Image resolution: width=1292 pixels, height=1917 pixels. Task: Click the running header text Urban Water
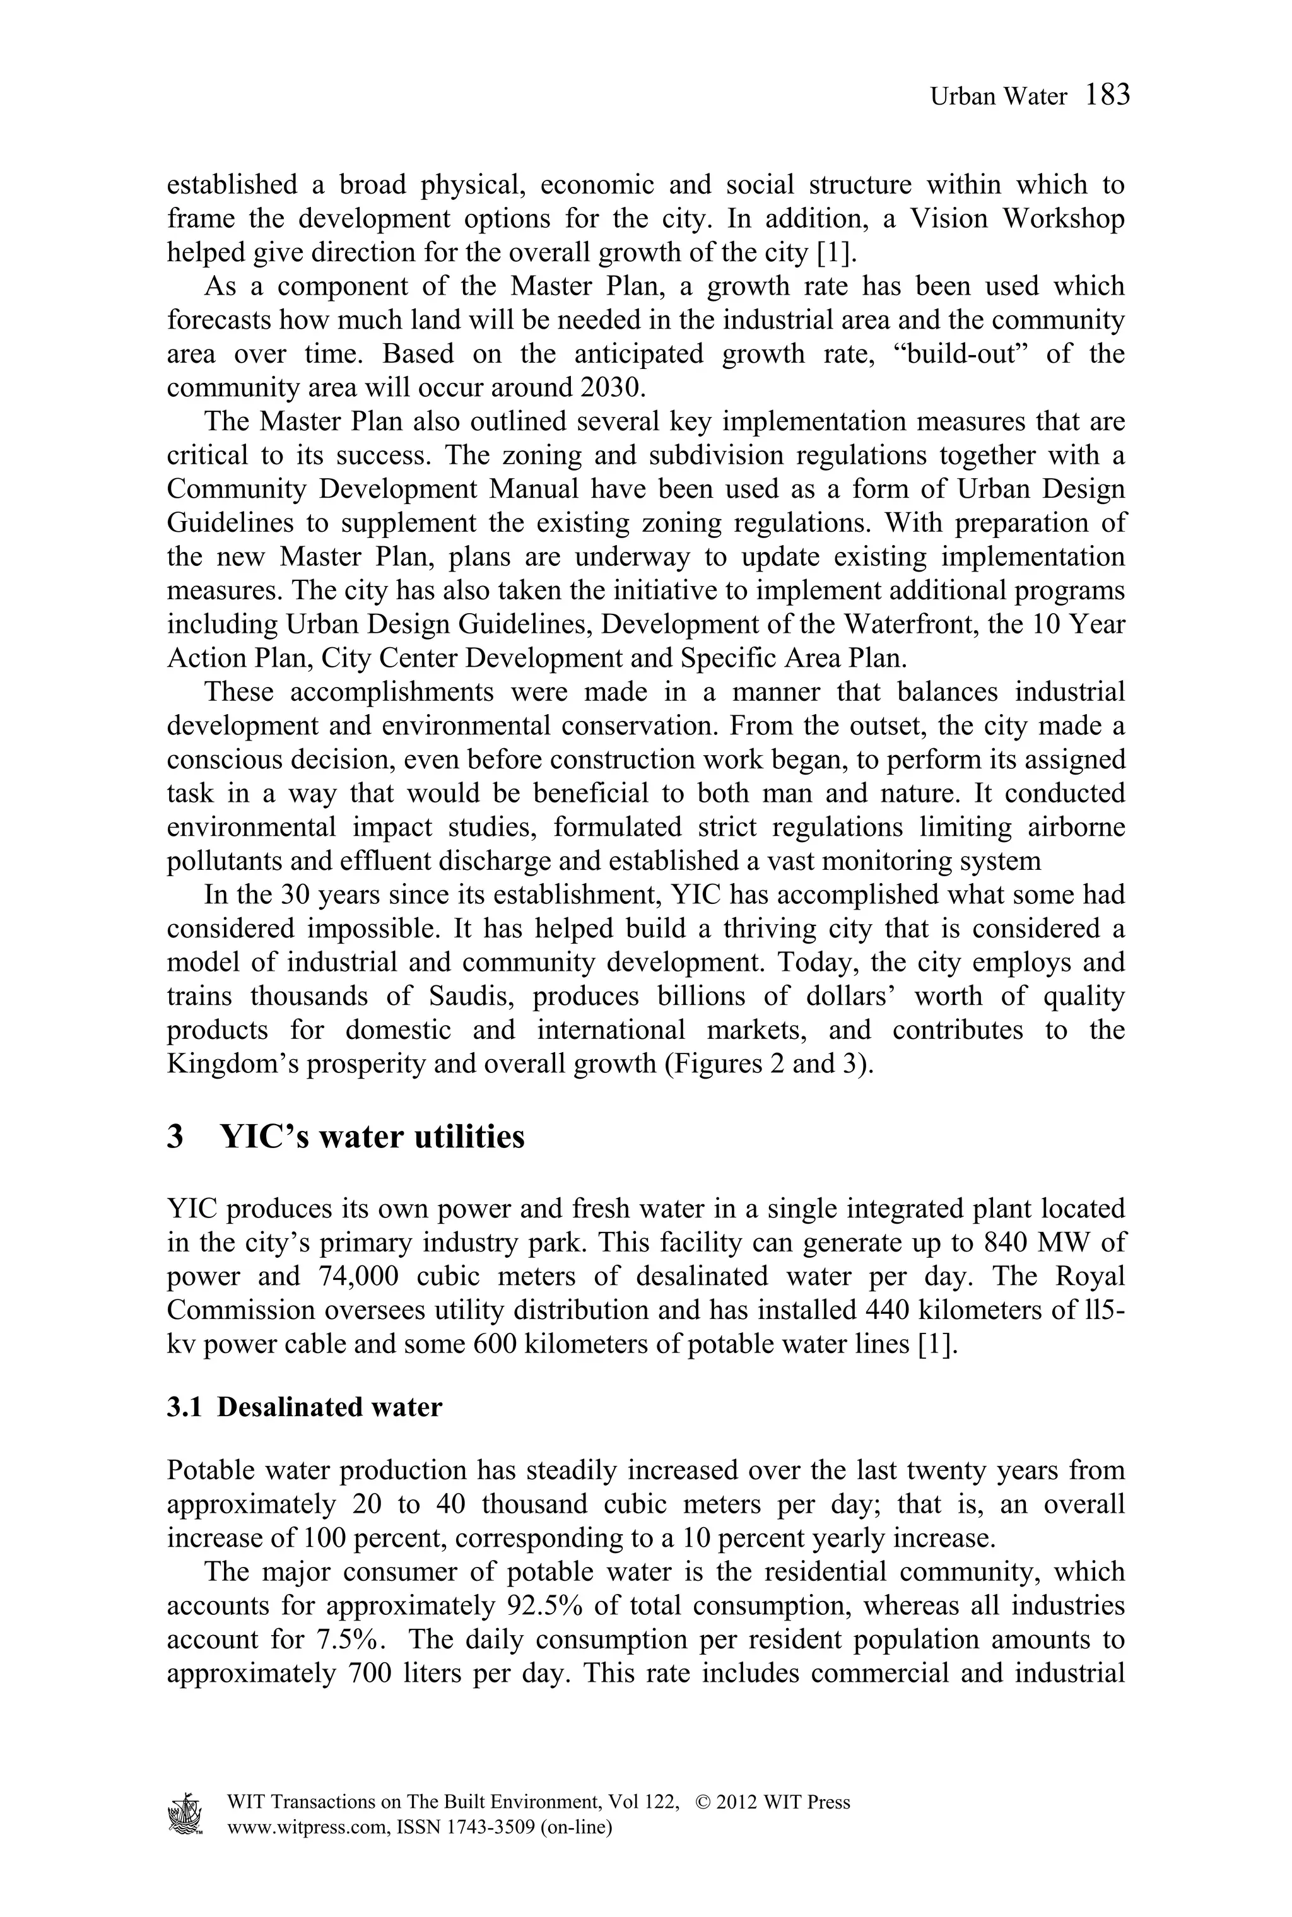tap(998, 97)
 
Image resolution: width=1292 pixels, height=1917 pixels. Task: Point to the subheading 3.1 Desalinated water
tap(304, 1406)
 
